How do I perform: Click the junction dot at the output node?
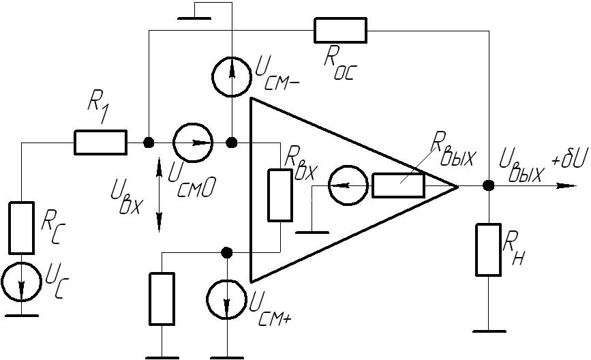point(489,185)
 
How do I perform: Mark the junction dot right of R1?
point(149,142)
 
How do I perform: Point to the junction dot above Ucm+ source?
point(226,252)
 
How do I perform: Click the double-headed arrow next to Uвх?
point(159,195)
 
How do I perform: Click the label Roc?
point(339,65)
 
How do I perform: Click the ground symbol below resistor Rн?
point(489,331)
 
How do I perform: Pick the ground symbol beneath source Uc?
point(22,315)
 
